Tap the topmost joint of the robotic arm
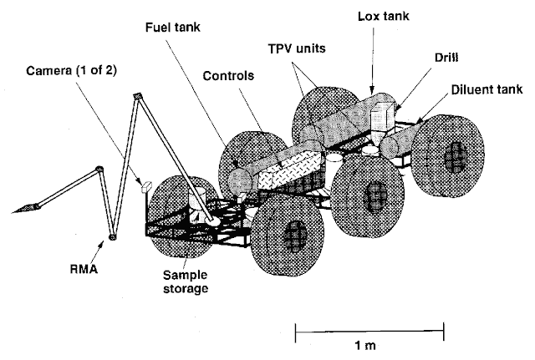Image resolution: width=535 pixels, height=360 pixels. pos(137,99)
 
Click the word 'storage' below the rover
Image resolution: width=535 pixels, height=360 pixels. pos(186,288)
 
